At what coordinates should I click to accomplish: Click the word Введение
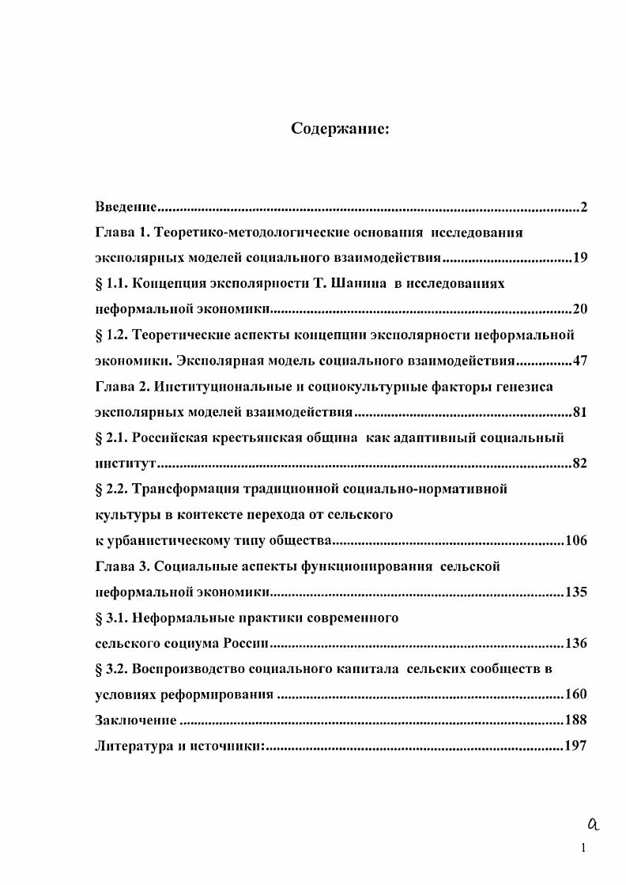[124, 207]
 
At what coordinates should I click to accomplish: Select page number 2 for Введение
[583, 207]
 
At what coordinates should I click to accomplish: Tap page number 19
[579, 258]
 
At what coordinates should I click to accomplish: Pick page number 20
[579, 309]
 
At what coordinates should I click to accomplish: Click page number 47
[579, 361]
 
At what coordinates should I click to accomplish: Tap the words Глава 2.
[121, 386]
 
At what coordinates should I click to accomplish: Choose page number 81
[579, 412]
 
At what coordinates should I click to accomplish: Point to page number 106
[575, 541]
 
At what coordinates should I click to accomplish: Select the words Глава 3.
[121, 566]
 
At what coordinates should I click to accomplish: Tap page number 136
[575, 643]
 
